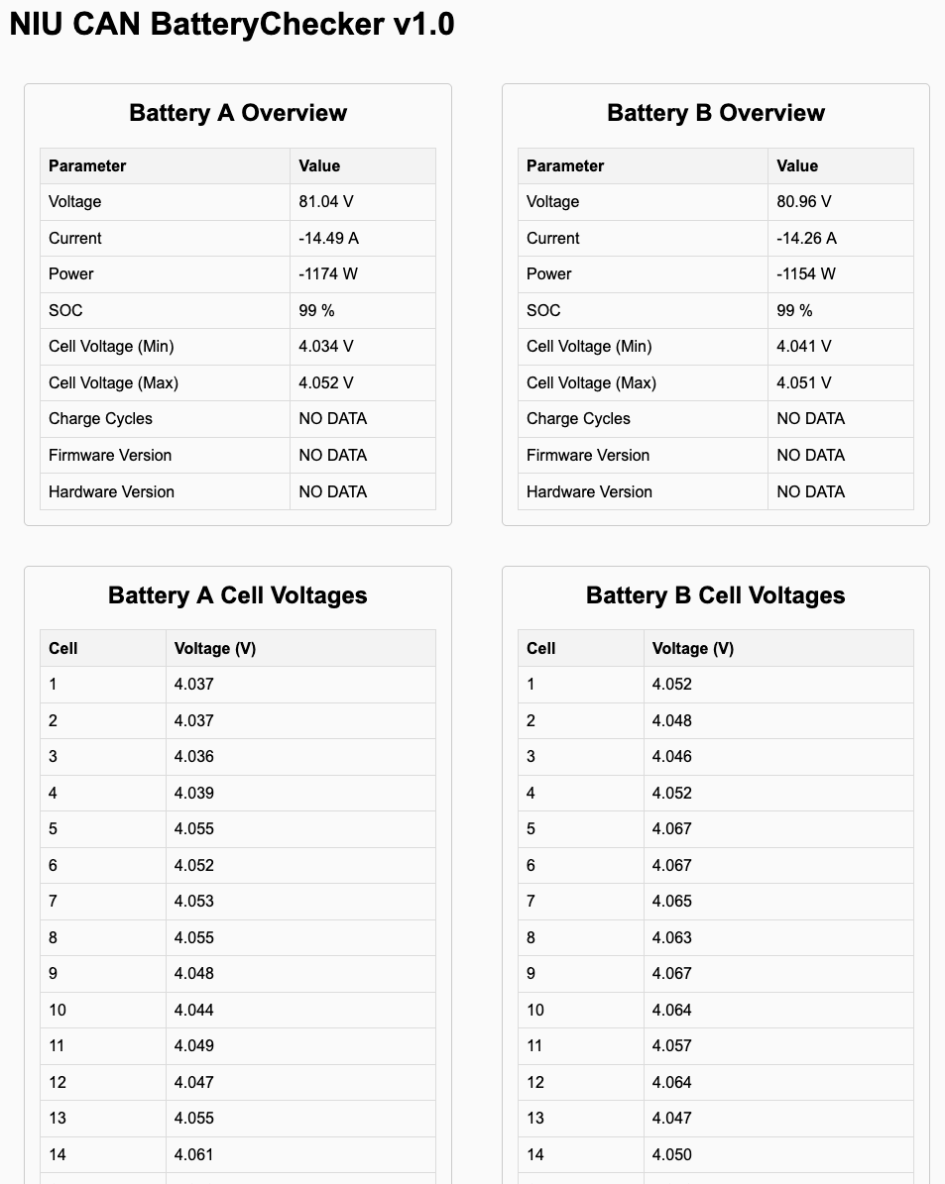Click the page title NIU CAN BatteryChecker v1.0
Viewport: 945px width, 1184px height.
coord(232,25)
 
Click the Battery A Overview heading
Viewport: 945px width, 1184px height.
coord(238,113)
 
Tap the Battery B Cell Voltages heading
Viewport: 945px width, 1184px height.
coord(715,595)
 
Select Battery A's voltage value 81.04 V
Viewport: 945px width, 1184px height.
coord(326,202)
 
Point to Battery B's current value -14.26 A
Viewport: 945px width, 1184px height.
coord(806,238)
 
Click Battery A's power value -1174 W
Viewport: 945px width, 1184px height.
coord(328,274)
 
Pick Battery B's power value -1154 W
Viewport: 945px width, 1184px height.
coord(806,274)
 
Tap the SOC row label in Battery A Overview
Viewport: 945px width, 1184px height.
coord(66,310)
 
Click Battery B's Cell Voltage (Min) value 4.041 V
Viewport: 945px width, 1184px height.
coord(804,347)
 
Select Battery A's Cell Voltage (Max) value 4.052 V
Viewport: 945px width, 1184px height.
coord(326,382)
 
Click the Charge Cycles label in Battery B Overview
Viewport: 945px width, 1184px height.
coord(578,419)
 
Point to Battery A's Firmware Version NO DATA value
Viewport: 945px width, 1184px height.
coord(333,455)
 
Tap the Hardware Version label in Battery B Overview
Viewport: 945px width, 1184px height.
coord(589,491)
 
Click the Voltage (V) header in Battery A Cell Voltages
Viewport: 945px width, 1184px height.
coord(215,648)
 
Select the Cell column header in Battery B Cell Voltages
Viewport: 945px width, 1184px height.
coord(541,648)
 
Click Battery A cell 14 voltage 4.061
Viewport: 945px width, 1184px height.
coord(194,1154)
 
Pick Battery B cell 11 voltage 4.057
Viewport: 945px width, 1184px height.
coord(672,1045)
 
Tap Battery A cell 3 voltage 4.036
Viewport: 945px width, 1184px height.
coord(194,756)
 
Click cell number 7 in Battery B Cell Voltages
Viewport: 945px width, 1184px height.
coord(532,901)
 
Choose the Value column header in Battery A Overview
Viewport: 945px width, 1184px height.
coord(319,165)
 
